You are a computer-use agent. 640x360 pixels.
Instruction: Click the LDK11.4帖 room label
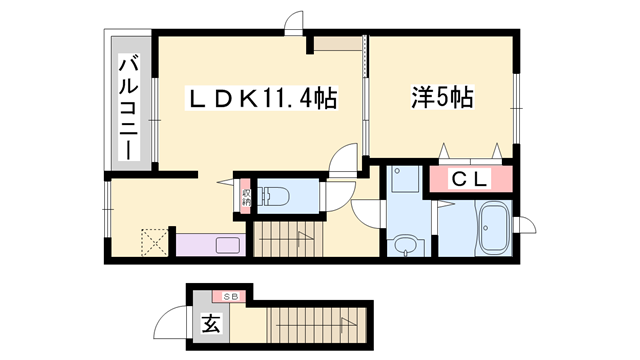pyautogui.click(x=262, y=98)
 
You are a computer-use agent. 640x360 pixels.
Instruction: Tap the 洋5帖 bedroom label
pyautogui.click(x=442, y=98)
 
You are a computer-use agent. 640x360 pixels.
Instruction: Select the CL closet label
pyautogui.click(x=470, y=179)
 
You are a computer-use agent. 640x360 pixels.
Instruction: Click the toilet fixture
pyautogui.click(x=276, y=196)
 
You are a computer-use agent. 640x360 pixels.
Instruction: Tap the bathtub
pyautogui.click(x=493, y=228)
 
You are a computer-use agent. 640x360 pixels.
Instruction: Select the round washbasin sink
pyautogui.click(x=405, y=245)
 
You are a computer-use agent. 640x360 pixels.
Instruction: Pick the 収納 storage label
pyautogui.click(x=245, y=197)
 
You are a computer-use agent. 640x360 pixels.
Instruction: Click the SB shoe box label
pyautogui.click(x=230, y=297)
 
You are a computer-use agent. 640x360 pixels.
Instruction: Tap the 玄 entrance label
pyautogui.click(x=211, y=323)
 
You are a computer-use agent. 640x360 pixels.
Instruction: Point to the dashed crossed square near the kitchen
pyautogui.click(x=155, y=243)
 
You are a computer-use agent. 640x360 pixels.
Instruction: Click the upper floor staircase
pyautogui.click(x=288, y=239)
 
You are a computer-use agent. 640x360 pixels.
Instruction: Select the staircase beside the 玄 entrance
pyautogui.click(x=317, y=325)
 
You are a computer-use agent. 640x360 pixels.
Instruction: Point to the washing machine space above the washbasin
pyautogui.click(x=404, y=179)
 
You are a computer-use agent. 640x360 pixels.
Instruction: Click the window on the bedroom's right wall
pyautogui.click(x=516, y=109)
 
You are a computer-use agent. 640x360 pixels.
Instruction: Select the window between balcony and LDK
pyautogui.click(x=154, y=120)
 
